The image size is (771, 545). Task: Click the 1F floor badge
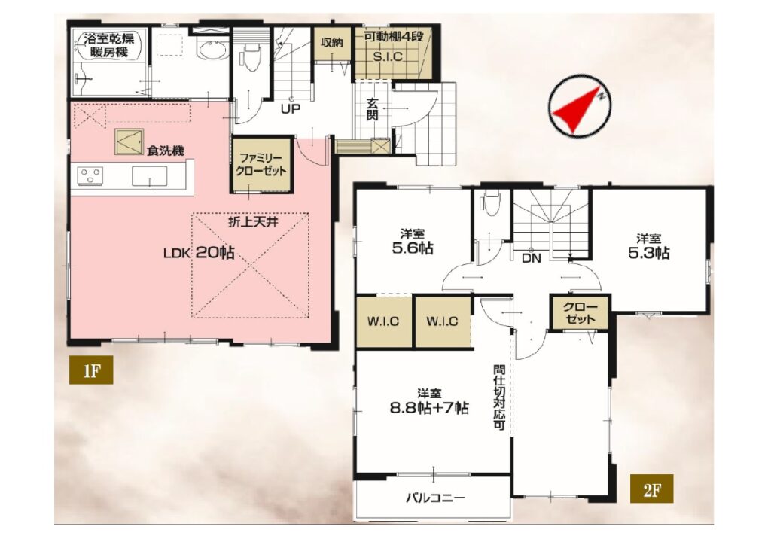[x=91, y=370]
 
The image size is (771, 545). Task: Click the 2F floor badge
[x=651, y=489]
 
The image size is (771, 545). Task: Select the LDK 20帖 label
[x=199, y=253]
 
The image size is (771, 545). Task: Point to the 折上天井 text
[x=253, y=222]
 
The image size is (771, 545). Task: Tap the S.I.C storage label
[x=388, y=56]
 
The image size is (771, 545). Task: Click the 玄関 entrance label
[x=373, y=109]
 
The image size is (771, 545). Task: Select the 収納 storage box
[x=332, y=43]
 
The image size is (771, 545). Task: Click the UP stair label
[x=291, y=108]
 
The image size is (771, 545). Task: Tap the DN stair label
[x=531, y=258]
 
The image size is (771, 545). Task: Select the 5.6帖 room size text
[x=413, y=248]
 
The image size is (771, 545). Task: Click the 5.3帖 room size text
[x=648, y=254]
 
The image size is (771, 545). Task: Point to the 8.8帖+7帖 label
[x=429, y=409]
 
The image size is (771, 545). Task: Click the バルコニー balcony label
[x=435, y=498]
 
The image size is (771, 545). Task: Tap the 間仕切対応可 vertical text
[x=500, y=397]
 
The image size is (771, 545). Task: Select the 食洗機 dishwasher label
[x=165, y=151]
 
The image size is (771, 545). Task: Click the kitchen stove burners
[x=91, y=175]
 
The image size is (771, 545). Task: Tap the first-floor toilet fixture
[x=251, y=55]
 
